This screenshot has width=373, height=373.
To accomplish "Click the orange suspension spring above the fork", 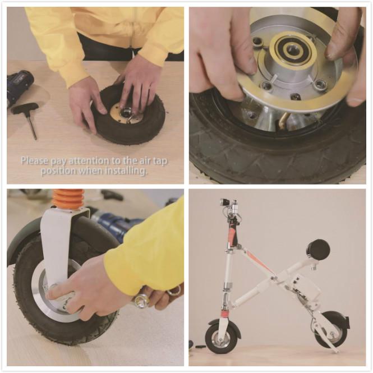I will pyautogui.click(x=68, y=199).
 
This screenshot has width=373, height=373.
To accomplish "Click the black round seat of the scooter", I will pyautogui.click(x=318, y=249).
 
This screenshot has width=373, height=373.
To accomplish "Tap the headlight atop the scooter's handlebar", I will pyautogui.click(x=225, y=202).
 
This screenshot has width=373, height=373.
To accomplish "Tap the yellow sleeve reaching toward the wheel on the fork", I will pyautogui.click(x=143, y=252).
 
